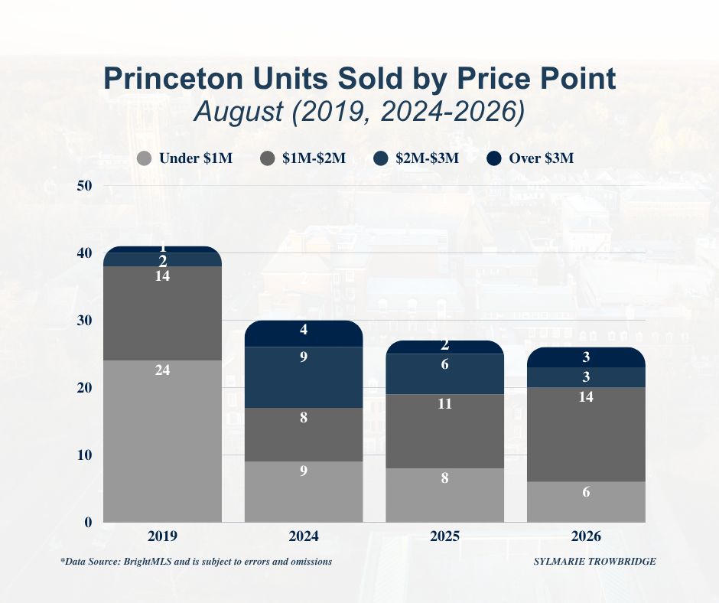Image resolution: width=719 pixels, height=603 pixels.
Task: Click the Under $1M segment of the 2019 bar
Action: (x=162, y=441)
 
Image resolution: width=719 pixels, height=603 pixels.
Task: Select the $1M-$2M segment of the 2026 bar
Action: (x=586, y=434)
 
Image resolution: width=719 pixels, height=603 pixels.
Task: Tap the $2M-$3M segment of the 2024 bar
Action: (x=304, y=377)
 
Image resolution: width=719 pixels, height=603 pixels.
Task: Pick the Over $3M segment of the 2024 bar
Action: (x=304, y=334)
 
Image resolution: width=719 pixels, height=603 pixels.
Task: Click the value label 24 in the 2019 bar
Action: (x=162, y=370)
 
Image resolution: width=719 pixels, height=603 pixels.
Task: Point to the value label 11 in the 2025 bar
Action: (x=445, y=404)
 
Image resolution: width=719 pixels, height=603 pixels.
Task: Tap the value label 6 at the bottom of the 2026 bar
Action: (x=586, y=492)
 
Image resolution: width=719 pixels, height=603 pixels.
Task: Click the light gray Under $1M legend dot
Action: (x=145, y=158)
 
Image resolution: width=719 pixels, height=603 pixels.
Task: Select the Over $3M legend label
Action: (x=541, y=158)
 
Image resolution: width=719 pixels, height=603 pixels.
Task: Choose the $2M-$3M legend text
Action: (x=427, y=158)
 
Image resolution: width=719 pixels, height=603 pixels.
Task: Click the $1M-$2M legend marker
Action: (x=268, y=158)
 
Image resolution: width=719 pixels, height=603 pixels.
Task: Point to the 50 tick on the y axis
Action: (x=84, y=186)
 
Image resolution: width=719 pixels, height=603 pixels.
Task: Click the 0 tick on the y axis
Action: (x=88, y=522)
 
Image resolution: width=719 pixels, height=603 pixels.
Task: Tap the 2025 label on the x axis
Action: (x=445, y=536)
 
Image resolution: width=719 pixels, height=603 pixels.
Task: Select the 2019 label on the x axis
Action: (x=162, y=536)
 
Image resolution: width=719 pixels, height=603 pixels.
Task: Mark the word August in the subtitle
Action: (x=239, y=112)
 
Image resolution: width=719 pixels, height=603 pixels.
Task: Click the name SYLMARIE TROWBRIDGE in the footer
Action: (x=595, y=561)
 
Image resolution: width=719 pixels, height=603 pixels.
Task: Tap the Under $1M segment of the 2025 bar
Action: (x=445, y=495)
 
